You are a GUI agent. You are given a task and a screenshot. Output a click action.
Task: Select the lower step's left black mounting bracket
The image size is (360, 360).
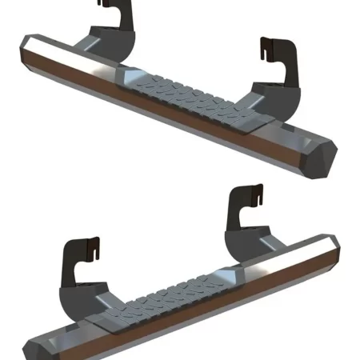pos(80,260)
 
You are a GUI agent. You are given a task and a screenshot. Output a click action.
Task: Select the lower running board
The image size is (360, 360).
pos(184,304)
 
